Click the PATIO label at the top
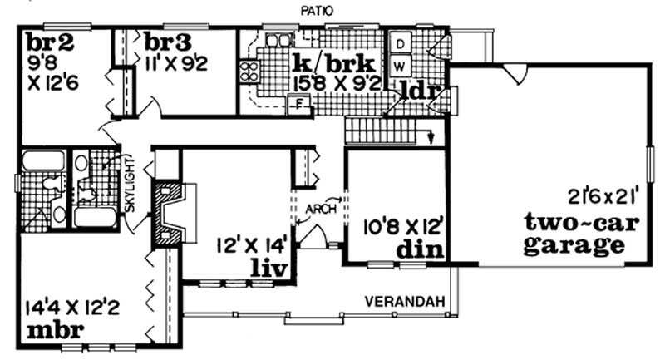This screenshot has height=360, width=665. pos(317,11)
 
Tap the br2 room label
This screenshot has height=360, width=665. pos(50,43)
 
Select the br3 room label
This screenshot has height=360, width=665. pos(168,42)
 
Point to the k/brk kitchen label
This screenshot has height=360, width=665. pos(335,64)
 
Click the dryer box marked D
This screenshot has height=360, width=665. pos(401,43)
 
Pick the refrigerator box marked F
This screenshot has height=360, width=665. pos(299,105)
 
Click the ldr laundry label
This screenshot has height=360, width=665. pos(418,91)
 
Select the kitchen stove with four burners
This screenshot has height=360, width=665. pos(249,71)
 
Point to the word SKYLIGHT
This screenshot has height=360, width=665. pos(131,185)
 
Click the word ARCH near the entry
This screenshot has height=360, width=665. pos(321,209)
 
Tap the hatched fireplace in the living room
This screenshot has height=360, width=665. pos(168,214)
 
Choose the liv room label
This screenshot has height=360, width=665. pos(269,268)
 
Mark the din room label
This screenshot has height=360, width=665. pos(421,249)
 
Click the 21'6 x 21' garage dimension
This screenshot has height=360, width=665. pos(600,197)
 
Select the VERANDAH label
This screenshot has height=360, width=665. pos(405,302)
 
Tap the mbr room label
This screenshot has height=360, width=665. pos(55,330)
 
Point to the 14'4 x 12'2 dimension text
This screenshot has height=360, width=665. pos(71,307)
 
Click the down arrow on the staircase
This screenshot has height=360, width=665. pos(431,137)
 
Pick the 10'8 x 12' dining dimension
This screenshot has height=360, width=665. pos(403,228)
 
